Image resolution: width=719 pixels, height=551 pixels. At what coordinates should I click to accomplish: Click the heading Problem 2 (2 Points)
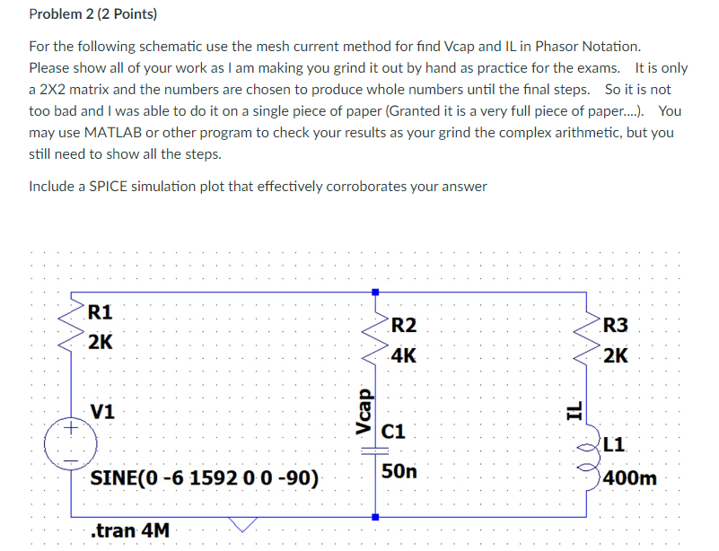[x=92, y=14]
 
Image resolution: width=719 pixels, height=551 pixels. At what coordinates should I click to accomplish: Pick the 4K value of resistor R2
[x=404, y=355]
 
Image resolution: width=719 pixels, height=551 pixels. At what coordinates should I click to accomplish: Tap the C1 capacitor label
[x=395, y=433]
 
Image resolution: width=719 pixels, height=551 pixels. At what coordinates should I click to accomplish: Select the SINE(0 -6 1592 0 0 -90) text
[x=205, y=477]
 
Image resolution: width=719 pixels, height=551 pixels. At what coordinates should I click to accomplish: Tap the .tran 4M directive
[x=130, y=530]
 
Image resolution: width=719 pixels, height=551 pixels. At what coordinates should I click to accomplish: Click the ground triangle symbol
[x=241, y=522]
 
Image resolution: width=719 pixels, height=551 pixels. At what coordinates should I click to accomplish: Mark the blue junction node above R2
[x=375, y=293]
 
